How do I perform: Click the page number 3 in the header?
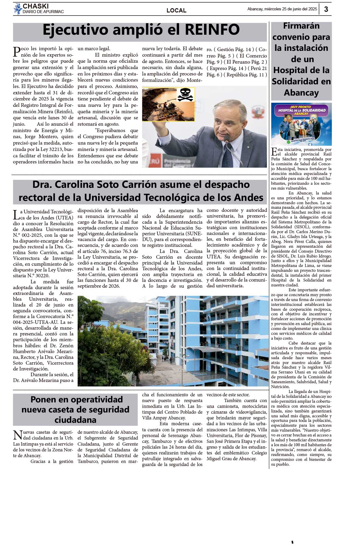[326, 9]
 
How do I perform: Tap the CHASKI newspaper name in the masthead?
[36, 6]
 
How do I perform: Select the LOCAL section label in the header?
[176, 10]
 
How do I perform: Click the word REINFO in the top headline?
[212, 30]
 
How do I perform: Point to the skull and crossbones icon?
[185, 94]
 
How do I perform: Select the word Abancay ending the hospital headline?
[301, 93]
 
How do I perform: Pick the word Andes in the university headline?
[246, 198]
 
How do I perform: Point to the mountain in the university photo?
[122, 307]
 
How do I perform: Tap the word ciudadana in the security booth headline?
[75, 420]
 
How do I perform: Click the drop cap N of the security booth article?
[17, 435]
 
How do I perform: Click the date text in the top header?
[282, 9]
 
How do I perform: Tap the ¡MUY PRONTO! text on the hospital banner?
[301, 107]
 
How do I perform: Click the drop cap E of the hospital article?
[274, 151]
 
